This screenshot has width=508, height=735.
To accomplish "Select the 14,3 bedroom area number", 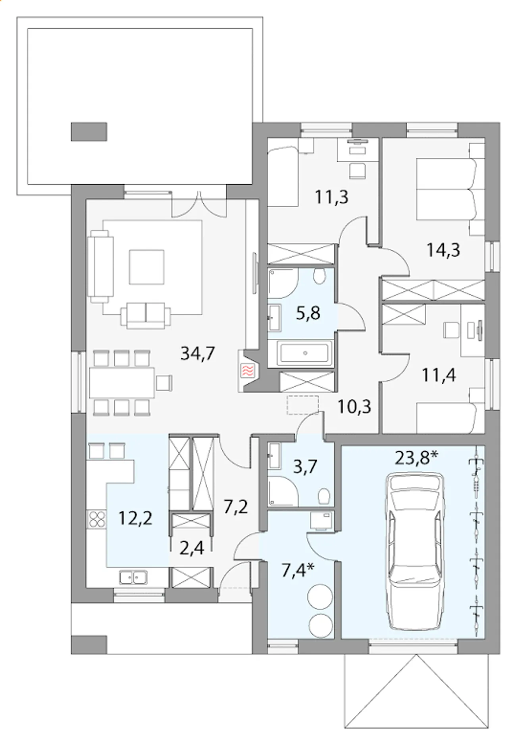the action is [x=443, y=251].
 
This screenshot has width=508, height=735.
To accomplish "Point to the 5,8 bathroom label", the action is [x=308, y=313].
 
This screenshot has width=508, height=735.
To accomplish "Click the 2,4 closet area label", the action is [x=192, y=548].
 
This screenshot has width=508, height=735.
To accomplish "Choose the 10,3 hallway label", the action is [x=354, y=407].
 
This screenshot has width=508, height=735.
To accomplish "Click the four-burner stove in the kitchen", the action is [x=97, y=519].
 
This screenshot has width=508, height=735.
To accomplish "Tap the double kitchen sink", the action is [x=133, y=577].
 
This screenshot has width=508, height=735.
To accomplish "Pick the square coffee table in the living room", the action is [x=146, y=266].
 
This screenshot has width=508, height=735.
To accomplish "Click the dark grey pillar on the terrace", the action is [x=89, y=131].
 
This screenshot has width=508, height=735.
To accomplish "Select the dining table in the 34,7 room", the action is [x=122, y=383].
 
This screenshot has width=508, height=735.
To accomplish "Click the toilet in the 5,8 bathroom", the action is [x=318, y=276].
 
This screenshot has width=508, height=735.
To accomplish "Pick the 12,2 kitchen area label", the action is [x=136, y=518].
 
